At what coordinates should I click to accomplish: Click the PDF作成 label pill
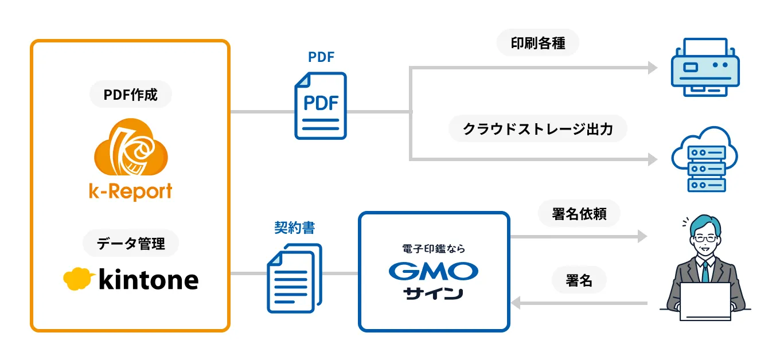(x=130, y=95)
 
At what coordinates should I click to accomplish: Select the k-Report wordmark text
(x=130, y=191)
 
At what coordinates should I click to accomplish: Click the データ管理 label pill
(x=131, y=244)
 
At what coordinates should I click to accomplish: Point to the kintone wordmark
(x=149, y=280)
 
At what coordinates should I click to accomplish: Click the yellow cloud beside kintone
(x=79, y=279)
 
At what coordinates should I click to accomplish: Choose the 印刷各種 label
(x=538, y=44)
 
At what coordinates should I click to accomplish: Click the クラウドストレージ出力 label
(x=538, y=129)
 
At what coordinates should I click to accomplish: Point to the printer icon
(x=705, y=66)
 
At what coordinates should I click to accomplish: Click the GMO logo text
(x=433, y=271)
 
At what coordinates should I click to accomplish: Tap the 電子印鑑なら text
(x=433, y=249)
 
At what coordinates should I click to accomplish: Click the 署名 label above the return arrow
(x=579, y=280)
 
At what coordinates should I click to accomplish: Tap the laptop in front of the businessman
(x=705, y=301)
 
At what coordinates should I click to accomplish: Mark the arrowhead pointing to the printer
(x=653, y=68)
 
